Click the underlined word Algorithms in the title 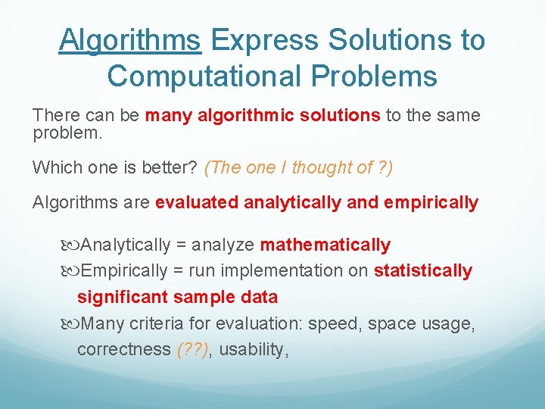click(129, 40)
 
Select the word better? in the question click(171, 168)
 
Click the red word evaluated click(195, 203)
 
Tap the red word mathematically click(325, 245)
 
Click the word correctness click(123, 349)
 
